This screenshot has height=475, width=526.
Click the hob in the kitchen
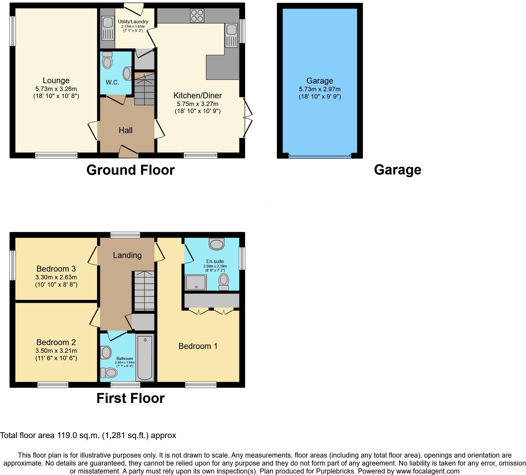click(x=197, y=16)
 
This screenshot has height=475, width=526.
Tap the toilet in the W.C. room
click(x=107, y=61)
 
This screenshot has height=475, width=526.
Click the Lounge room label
click(x=56, y=81)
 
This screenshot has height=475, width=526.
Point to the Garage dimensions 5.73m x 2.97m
click(x=320, y=89)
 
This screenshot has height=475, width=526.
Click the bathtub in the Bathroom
click(x=145, y=358)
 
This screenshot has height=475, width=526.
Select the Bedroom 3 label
click(x=56, y=269)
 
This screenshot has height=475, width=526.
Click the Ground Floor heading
click(x=130, y=170)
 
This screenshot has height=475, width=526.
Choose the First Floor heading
click(x=130, y=398)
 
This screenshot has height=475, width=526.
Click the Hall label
click(x=125, y=130)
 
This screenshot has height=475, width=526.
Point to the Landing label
click(x=127, y=255)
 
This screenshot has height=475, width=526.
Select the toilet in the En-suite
click(x=224, y=281)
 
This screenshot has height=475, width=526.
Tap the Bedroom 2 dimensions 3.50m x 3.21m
click(x=56, y=351)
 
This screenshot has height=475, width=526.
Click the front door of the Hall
click(x=128, y=151)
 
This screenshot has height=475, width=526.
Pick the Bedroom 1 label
click(x=198, y=346)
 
